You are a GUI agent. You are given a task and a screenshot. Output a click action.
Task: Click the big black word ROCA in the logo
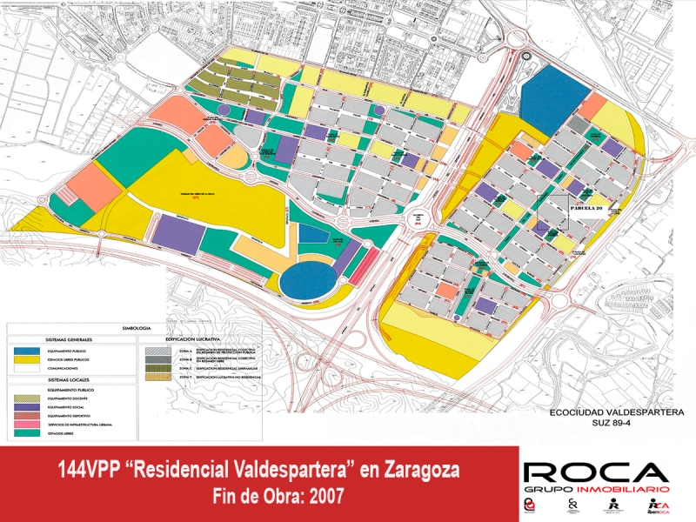[x=596, y=472]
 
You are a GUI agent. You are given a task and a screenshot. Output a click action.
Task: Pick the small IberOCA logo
[x=659, y=506]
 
